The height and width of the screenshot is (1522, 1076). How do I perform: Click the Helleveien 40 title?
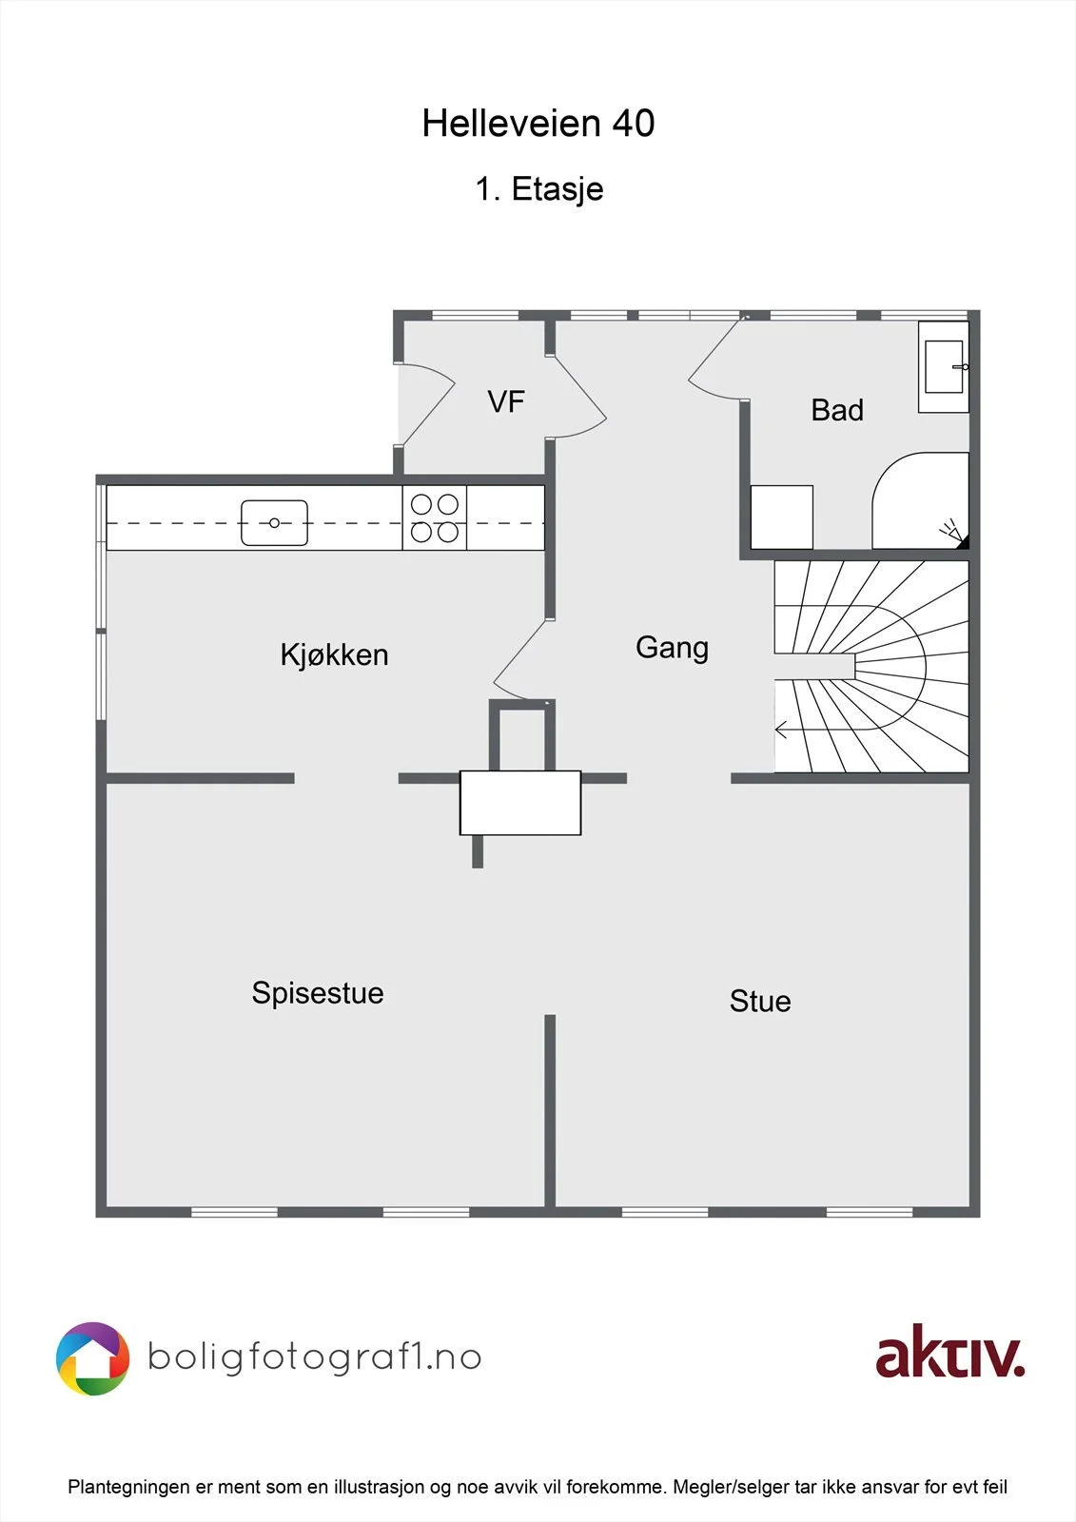click(538, 124)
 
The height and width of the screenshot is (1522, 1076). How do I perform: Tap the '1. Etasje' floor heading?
click(539, 189)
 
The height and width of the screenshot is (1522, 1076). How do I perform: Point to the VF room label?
click(506, 401)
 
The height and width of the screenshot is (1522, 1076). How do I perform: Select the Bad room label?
click(837, 410)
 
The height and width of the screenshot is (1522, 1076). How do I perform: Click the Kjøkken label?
click(335, 655)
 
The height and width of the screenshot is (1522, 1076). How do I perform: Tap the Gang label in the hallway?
click(672, 648)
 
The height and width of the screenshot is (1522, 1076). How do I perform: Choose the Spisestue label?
click(318, 993)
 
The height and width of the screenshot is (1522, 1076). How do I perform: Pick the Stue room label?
click(760, 1002)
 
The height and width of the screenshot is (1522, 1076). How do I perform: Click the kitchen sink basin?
click(275, 523)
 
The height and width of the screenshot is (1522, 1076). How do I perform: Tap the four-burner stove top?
click(435, 517)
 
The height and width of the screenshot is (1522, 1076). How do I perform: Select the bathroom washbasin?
click(944, 367)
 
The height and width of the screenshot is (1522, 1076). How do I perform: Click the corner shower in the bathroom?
click(921, 500)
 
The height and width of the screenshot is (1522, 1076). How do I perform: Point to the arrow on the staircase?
click(782, 731)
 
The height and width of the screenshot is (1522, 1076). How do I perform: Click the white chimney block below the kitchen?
click(520, 803)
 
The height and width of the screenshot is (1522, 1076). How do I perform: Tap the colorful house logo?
click(92, 1359)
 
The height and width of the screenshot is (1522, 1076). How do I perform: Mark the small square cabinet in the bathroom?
click(782, 517)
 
